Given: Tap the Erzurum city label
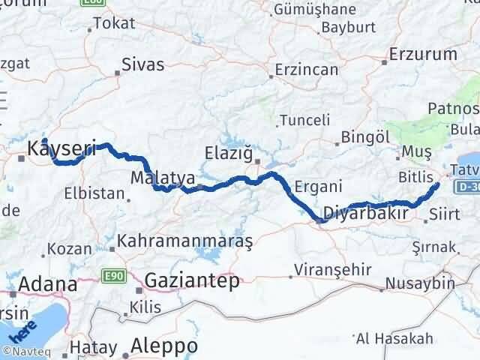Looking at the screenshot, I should coord(424,54).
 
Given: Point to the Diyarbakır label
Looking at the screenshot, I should coord(365,214).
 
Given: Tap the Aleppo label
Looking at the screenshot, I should coord(164,346).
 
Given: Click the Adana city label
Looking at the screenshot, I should coord(47,285).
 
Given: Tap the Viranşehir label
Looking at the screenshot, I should coord(328,268).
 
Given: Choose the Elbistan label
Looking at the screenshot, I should coord(94,193).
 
